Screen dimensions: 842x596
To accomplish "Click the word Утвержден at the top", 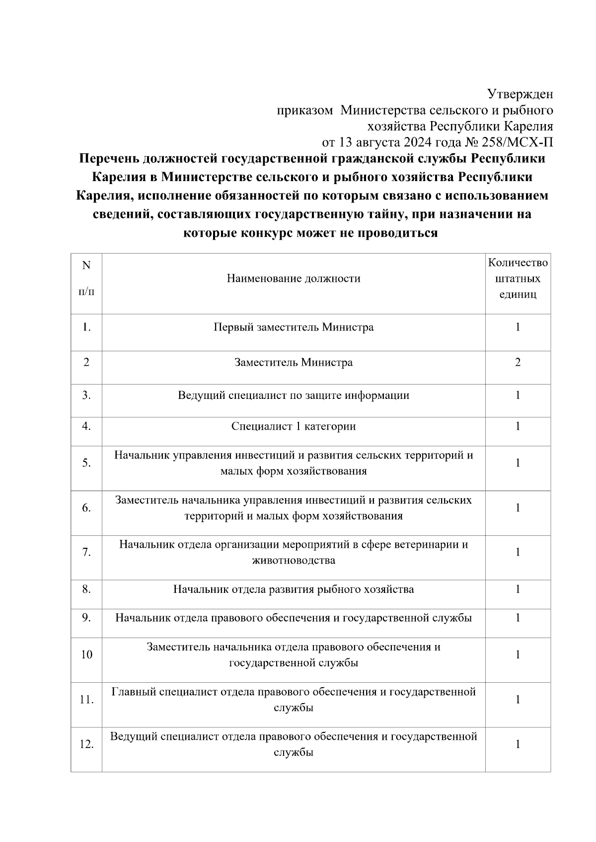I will coord(520,94).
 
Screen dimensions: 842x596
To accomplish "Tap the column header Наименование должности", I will coord(294,278).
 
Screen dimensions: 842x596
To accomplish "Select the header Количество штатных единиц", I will coord(518,278).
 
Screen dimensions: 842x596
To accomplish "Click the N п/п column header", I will coord(86,278).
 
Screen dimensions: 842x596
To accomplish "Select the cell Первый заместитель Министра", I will coord(294,327).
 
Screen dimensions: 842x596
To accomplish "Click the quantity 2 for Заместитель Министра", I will coord(518,362).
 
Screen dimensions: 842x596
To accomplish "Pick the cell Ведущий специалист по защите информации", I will coord(294,395).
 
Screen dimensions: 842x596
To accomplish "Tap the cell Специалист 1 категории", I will coord(294,426).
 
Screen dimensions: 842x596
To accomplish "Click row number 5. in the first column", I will coord(86,463).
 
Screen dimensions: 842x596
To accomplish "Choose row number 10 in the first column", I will coord(86,654).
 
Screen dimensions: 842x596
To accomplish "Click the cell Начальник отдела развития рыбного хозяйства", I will coord(294,589).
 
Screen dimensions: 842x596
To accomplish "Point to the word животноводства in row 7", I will coord(294,561).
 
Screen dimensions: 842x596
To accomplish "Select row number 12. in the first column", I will coord(86,744).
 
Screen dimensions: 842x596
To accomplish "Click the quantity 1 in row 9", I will coord(518,618).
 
